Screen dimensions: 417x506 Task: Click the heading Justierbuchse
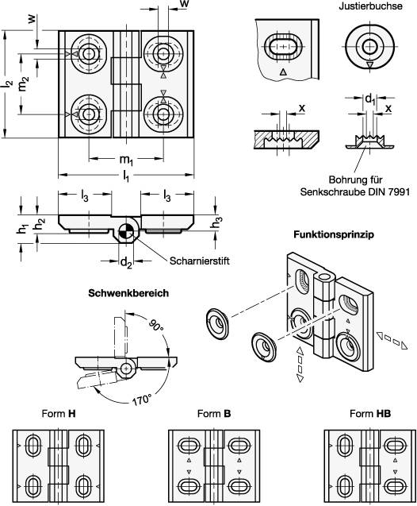[370, 6]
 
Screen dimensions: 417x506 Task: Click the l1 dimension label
[126, 176]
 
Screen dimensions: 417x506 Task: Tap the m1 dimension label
[127, 160]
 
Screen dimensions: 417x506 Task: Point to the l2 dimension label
[9, 84]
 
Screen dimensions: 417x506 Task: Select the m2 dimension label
[24, 83]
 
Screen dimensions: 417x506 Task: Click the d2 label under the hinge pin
[126, 263]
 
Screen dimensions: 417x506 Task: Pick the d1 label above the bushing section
[370, 98]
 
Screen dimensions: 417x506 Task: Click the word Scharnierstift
[200, 261]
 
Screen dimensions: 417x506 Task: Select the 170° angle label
[141, 400]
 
